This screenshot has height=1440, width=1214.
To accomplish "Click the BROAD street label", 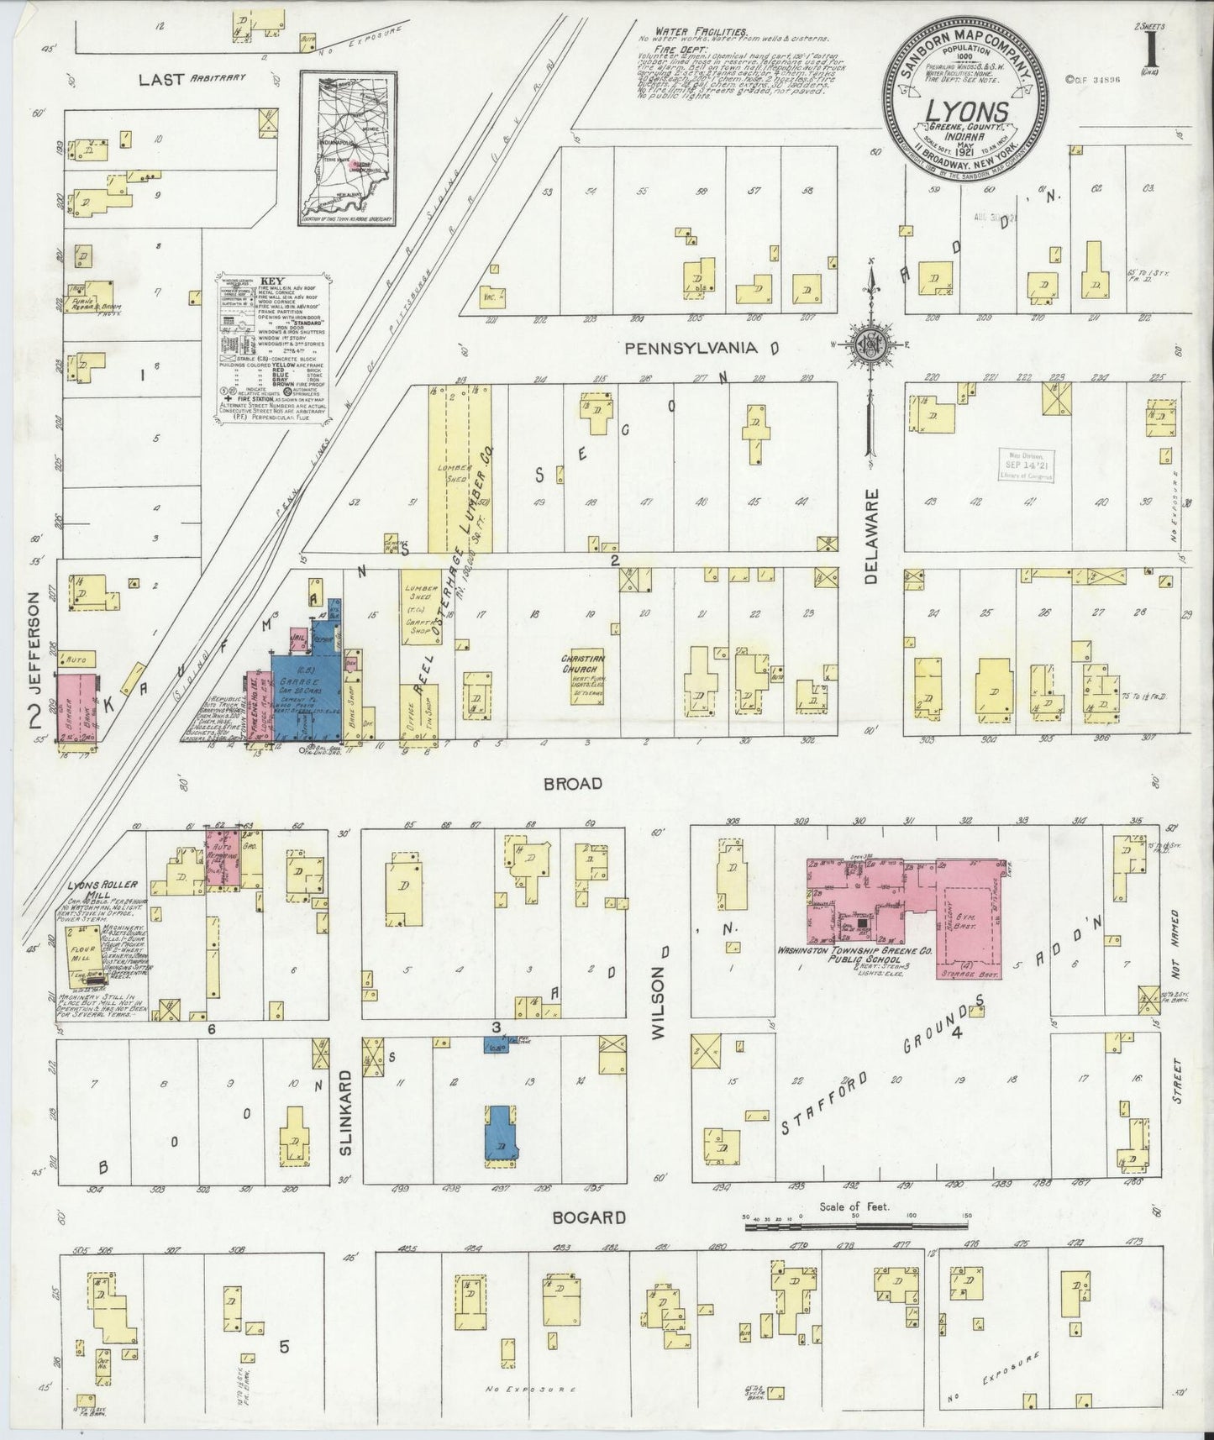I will click(573, 783).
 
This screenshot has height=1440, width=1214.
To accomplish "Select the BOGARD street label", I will click(596, 1217).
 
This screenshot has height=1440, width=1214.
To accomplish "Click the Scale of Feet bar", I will click(857, 1228).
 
